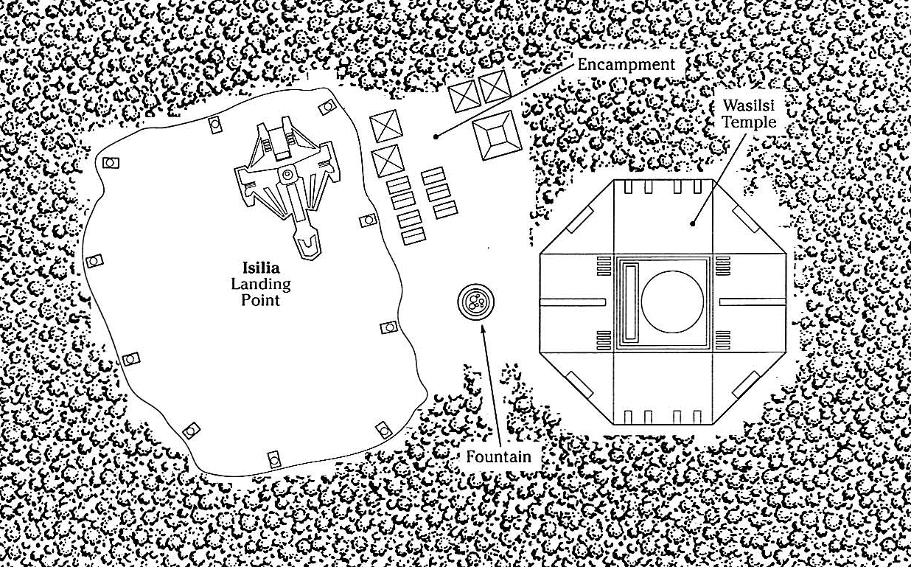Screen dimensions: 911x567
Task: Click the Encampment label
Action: click(626, 65)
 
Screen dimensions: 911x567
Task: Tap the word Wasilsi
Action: click(749, 105)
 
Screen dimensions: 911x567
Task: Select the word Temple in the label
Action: click(749, 122)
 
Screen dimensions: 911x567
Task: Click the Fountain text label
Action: click(498, 456)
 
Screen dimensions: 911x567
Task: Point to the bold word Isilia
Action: click(261, 268)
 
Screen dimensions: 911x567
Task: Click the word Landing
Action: click(261, 284)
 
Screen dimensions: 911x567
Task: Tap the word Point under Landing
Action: click(261, 300)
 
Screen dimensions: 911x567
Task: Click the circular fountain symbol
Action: click(476, 302)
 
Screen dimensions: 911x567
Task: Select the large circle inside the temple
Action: click(672, 302)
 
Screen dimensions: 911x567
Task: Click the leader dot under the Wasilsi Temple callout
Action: click(692, 223)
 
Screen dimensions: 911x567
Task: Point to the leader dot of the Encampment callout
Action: click(436, 136)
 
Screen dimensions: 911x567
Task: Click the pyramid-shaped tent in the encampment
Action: click(497, 135)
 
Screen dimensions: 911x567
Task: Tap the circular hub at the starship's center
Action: click(287, 175)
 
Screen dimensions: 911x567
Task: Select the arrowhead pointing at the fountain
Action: click(483, 330)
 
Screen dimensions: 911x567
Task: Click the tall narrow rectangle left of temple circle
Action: click(631, 302)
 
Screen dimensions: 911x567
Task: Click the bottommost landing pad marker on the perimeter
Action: click(274, 459)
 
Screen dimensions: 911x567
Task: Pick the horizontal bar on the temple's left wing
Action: click(573, 302)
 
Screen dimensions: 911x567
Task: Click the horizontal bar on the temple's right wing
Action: click(753, 302)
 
